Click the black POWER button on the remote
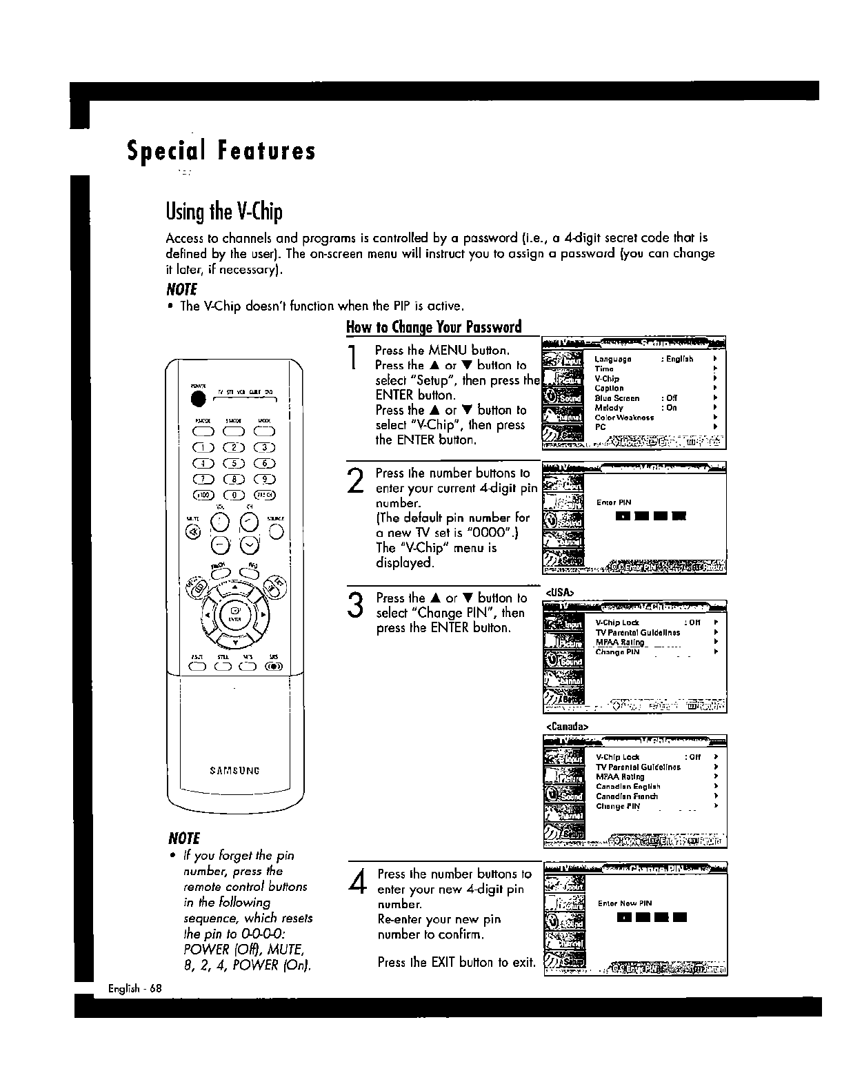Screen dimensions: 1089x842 click(199, 400)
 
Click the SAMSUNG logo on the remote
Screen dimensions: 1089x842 click(234, 770)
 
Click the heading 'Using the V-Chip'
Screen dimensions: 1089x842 click(224, 212)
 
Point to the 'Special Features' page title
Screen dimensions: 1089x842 click(221, 150)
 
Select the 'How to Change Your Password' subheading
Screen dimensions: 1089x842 click(434, 326)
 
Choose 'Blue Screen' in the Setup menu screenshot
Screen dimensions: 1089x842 click(617, 398)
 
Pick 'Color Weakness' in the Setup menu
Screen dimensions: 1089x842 click(624, 418)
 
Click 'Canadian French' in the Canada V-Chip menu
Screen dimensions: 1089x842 click(627, 796)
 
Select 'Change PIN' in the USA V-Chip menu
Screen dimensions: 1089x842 click(617, 651)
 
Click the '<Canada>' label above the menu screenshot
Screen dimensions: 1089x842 click(566, 727)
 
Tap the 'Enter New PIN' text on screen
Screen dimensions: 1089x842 click(625, 903)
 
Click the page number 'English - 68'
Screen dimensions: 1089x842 click(134, 988)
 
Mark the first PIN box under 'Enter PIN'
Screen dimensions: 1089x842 click(623, 516)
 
